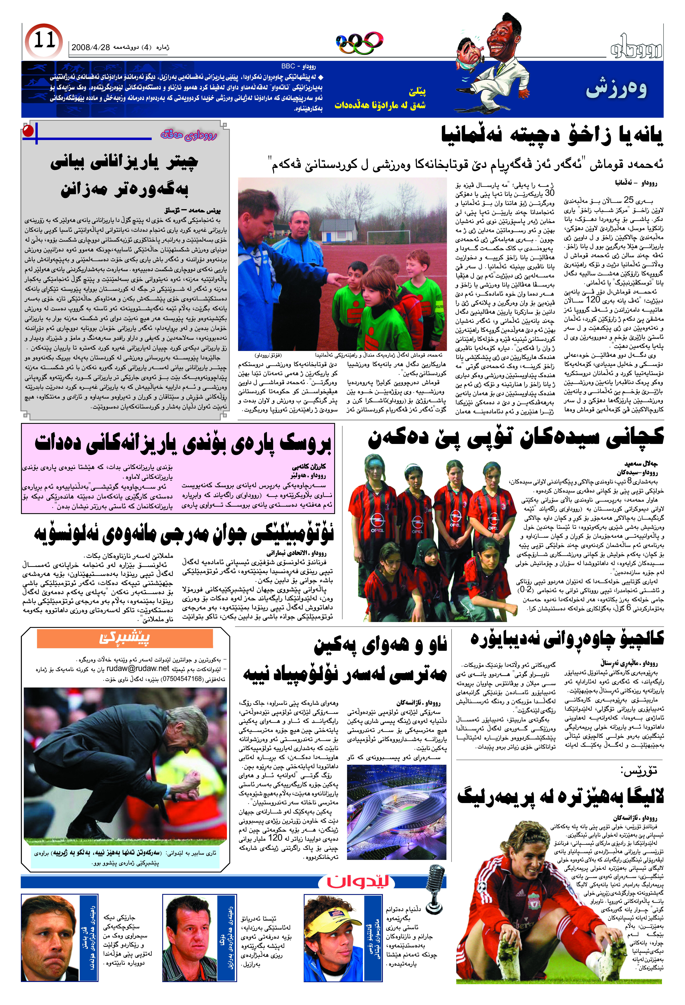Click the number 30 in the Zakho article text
[x=549, y=193]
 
